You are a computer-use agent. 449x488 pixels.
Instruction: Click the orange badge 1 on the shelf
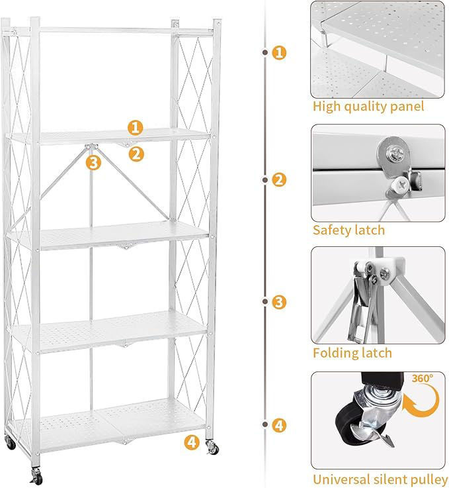tap(135, 128)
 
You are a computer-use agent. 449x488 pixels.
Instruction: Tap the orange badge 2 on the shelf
tap(136, 154)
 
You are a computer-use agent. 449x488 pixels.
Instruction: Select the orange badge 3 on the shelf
tap(93, 162)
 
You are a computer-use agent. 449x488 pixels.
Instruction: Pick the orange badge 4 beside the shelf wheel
tap(192, 442)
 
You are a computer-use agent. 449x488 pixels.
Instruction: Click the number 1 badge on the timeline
tap(279, 52)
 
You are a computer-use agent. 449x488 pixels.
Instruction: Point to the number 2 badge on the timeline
tap(279, 180)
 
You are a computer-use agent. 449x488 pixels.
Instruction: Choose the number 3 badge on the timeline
tap(279, 302)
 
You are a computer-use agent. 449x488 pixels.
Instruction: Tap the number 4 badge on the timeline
tap(279, 425)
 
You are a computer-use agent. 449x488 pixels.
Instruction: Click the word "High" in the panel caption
tap(327, 107)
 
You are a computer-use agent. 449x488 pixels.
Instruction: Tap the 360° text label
tap(423, 378)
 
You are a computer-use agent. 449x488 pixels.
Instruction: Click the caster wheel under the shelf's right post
tap(213, 448)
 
